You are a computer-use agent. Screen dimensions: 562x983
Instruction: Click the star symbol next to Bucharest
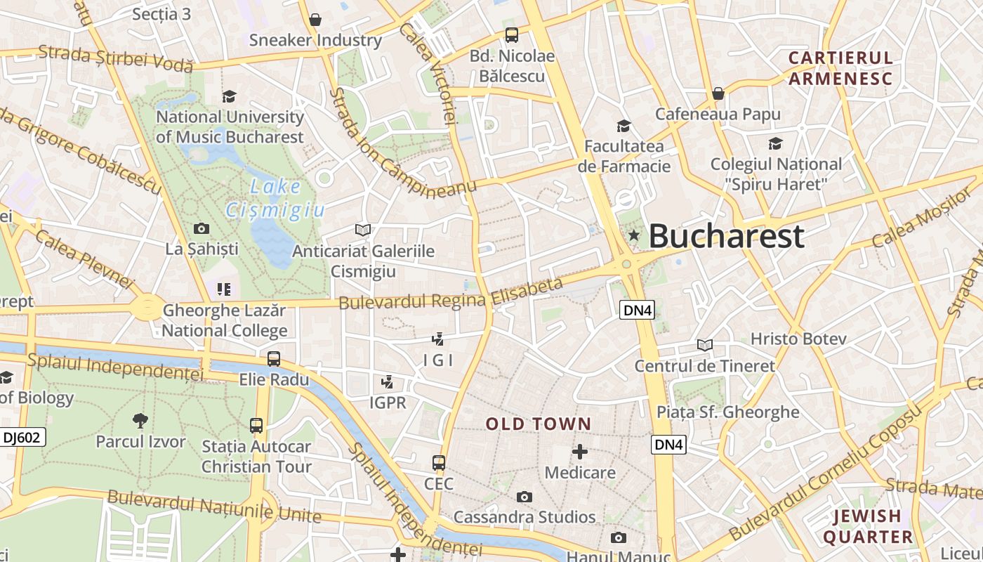click(634, 235)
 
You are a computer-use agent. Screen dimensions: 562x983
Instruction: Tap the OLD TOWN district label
click(539, 424)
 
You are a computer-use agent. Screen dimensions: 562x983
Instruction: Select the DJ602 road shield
click(22, 438)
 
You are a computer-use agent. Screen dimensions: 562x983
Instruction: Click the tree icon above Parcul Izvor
click(140, 421)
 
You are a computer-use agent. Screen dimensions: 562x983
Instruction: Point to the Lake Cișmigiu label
click(275, 198)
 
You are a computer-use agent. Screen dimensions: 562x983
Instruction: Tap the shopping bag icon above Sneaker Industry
click(315, 20)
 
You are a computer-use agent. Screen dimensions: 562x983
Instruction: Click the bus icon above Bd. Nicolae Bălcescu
click(512, 34)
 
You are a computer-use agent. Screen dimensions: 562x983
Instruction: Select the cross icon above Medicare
click(580, 451)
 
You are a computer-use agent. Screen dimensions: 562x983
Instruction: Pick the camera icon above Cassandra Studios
click(524, 497)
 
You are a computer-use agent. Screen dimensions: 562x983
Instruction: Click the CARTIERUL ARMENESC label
click(840, 67)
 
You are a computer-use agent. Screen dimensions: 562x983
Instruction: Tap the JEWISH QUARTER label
click(868, 526)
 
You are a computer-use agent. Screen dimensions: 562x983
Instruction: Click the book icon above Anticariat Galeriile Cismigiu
click(363, 230)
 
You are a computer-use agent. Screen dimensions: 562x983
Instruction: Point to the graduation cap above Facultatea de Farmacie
click(624, 126)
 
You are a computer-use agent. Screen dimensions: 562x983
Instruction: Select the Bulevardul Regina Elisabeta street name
click(451, 294)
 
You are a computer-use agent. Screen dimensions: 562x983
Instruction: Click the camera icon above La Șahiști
click(202, 228)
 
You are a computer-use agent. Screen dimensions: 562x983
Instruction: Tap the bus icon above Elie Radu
click(274, 359)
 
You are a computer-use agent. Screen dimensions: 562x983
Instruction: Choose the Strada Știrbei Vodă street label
click(116, 58)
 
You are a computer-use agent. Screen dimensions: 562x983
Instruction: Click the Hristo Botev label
click(798, 339)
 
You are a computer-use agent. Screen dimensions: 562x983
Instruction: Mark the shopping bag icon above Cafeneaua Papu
click(718, 93)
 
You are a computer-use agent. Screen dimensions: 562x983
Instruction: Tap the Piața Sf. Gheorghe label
click(728, 412)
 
